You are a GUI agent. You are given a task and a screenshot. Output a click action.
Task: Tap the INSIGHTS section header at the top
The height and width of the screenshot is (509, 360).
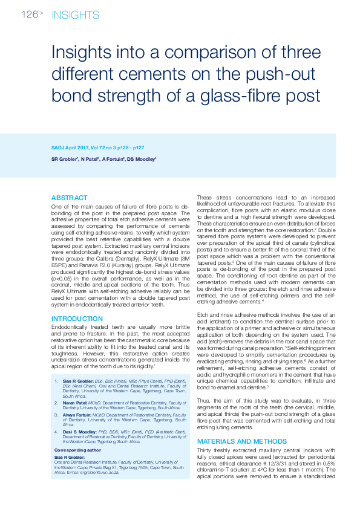(75, 15)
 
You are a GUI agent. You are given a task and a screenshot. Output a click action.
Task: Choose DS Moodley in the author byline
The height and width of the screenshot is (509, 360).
(142, 159)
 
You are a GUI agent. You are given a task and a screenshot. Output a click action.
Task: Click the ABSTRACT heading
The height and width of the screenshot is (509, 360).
(69, 198)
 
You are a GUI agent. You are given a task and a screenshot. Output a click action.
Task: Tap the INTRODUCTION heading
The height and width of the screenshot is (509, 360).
(77, 319)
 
